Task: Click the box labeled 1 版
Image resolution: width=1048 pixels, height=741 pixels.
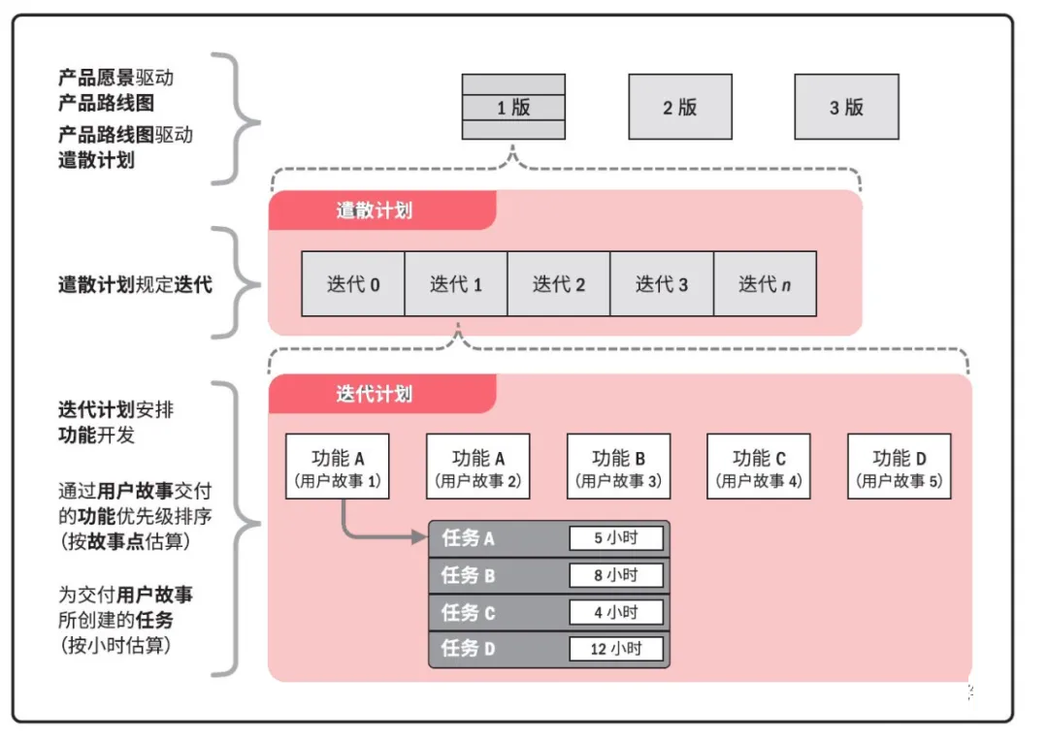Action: point(513,107)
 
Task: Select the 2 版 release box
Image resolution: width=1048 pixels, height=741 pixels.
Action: point(680,107)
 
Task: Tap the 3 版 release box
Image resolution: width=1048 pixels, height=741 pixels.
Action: point(846,107)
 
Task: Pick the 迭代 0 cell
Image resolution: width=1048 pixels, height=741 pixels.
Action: point(353,284)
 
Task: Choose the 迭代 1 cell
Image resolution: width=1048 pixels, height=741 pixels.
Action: point(456,284)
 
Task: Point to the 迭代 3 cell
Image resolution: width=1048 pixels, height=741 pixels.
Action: point(662,284)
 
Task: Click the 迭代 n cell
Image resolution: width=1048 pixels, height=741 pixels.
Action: point(765,284)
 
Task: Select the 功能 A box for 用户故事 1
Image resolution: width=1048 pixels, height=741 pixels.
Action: point(337,467)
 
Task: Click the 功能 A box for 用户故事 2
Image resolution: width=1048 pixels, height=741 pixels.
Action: point(478,467)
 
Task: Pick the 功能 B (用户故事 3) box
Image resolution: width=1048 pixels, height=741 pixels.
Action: point(619,467)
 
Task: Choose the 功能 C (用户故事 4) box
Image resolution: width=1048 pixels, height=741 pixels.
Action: point(759,467)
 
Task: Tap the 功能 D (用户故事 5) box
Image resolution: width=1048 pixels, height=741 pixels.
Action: point(900,467)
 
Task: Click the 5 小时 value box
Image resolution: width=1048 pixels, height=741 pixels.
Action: point(616,538)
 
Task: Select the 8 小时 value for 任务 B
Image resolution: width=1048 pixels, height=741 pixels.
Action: point(616,575)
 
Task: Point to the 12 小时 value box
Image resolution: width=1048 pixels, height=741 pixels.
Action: point(616,649)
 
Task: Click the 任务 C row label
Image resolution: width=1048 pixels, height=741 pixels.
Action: point(469,612)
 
